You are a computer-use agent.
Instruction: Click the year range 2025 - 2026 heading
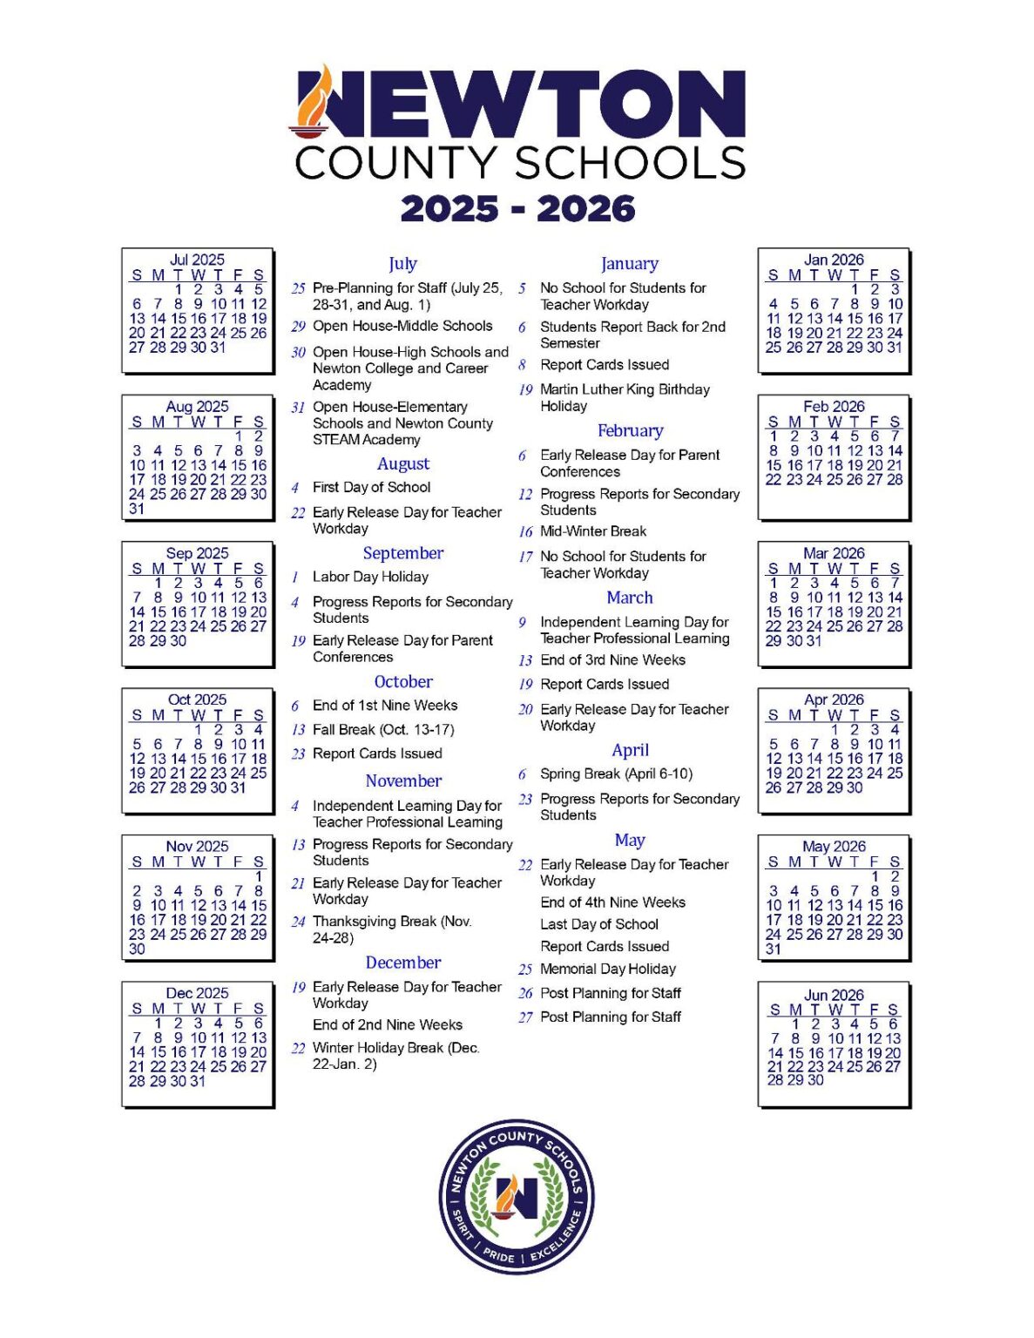point(517,209)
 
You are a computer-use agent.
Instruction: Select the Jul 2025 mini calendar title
point(197,260)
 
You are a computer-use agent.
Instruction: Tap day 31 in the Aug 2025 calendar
point(137,509)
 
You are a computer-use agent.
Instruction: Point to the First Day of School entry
point(371,487)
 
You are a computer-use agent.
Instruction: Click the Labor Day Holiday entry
point(370,577)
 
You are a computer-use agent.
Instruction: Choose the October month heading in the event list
point(403,681)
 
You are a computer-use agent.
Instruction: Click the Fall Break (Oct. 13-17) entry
point(383,729)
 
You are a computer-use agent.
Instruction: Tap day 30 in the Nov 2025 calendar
point(137,949)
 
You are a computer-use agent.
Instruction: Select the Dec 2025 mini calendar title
point(197,993)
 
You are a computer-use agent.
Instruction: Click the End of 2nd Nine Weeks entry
point(388,1024)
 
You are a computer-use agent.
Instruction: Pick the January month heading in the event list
point(629,263)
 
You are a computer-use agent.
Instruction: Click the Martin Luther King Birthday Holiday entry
point(625,397)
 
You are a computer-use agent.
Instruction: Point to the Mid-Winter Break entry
point(593,531)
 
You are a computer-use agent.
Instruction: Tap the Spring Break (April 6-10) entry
point(616,774)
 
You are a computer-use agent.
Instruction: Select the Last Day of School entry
point(599,924)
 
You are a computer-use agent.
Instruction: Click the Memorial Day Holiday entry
point(608,969)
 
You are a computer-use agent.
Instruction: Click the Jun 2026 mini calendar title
point(834,995)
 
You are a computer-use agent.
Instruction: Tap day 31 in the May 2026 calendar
point(774,949)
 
